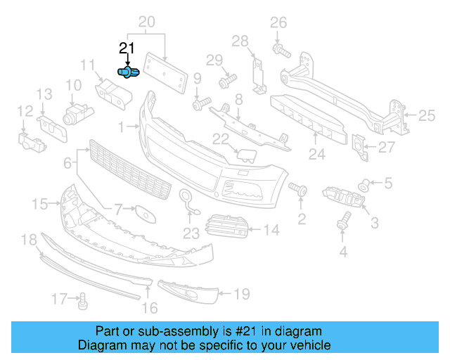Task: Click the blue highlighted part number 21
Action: click(128, 72)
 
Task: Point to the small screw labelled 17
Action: click(82, 301)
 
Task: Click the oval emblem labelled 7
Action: click(143, 210)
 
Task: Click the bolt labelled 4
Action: click(344, 219)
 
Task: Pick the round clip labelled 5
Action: click(364, 184)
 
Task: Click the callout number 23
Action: click(191, 233)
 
